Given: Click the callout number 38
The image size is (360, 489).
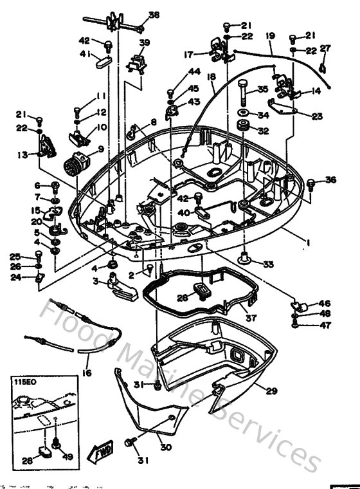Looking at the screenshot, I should [x=154, y=15].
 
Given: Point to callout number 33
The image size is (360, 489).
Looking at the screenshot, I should [x=268, y=263].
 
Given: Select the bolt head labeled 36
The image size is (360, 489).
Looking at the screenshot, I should [x=311, y=183].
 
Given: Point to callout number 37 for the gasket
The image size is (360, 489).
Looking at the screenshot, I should [x=250, y=317].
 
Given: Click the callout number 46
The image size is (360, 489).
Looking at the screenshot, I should [x=325, y=302].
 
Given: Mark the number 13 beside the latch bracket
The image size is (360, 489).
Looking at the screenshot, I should [x=23, y=154].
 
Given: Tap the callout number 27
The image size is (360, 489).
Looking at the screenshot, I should [x=325, y=49].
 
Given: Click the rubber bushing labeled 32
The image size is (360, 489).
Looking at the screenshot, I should [x=245, y=131].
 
